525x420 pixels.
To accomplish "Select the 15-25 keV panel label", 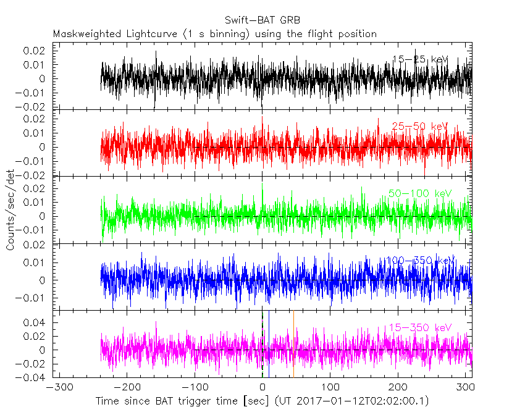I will click(x=420, y=59).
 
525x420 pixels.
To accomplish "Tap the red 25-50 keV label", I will click(x=420, y=126).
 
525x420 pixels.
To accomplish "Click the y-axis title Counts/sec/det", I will click(x=10, y=210).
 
